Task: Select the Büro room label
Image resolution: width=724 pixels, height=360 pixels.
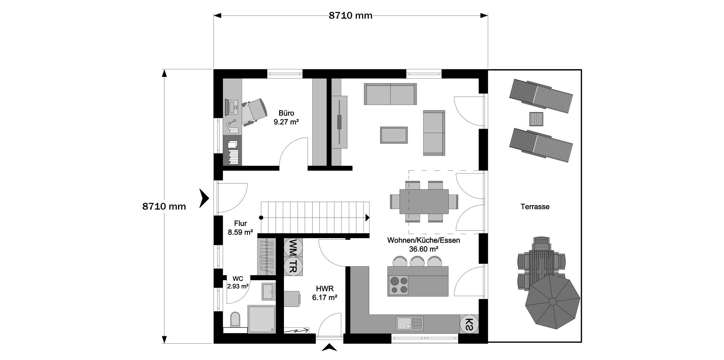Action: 286,113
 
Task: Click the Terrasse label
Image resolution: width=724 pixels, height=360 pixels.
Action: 535,207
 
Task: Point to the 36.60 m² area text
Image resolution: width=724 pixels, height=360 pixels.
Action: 423,249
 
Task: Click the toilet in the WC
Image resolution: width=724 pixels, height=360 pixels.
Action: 235,319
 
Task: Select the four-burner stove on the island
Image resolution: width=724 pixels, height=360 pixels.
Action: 399,285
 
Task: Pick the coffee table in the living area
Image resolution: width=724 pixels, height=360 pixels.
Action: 394,135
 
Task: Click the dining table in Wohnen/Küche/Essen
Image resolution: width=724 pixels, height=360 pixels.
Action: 424,201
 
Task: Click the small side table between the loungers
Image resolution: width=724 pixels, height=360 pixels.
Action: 536,119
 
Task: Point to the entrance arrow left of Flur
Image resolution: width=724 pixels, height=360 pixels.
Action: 204,198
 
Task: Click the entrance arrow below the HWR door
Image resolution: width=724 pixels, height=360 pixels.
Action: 329,348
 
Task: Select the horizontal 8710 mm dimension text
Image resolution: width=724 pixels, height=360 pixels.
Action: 351,15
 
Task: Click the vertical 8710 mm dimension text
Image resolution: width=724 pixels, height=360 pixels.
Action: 164,206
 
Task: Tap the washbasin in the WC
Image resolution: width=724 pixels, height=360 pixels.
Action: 268,291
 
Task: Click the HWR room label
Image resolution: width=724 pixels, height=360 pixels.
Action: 325,289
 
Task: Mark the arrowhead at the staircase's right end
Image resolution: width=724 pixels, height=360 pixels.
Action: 368,218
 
